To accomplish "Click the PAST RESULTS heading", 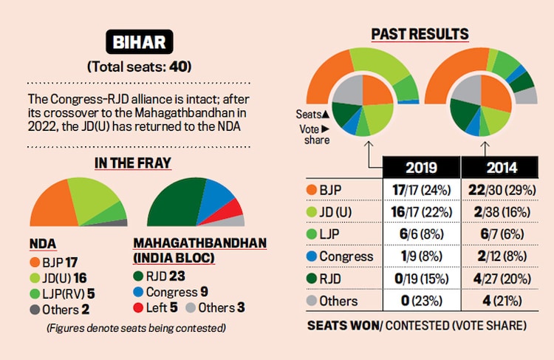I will pos(420,34).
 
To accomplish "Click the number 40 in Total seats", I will pos(178,67).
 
